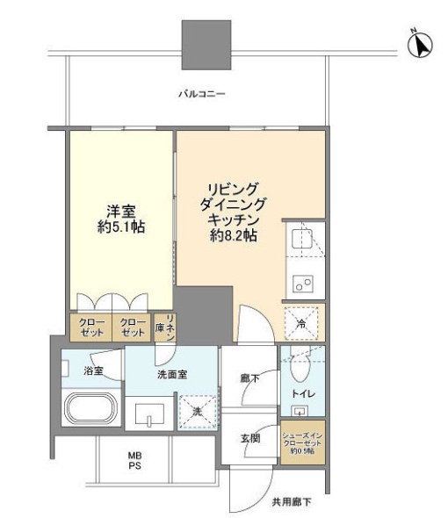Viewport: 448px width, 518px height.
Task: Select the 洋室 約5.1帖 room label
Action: (118, 219)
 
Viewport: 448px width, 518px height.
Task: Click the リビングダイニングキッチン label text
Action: (232, 212)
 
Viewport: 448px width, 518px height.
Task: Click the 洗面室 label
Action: (173, 373)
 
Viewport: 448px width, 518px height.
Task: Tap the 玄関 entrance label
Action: (249, 437)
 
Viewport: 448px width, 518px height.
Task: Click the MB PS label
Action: (135, 459)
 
